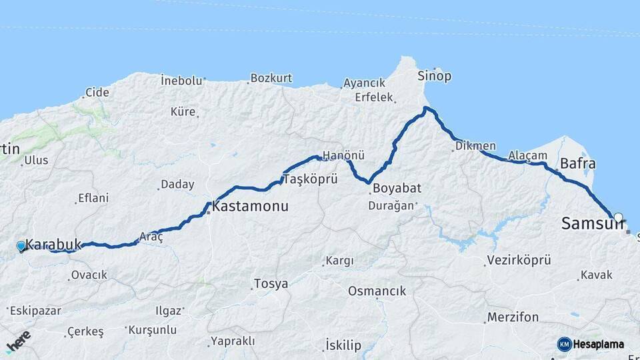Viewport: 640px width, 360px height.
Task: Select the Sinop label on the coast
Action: click(x=434, y=76)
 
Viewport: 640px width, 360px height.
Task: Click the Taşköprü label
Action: click(x=311, y=179)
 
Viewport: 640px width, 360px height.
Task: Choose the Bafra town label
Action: click(x=577, y=163)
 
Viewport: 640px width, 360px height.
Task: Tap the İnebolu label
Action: click(x=181, y=81)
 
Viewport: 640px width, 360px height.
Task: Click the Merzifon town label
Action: click(x=512, y=317)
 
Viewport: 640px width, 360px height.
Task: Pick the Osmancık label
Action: click(x=377, y=291)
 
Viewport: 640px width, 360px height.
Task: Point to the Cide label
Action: click(x=97, y=93)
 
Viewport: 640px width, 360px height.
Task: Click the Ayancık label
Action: click(x=364, y=83)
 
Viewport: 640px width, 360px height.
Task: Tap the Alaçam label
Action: click(x=527, y=156)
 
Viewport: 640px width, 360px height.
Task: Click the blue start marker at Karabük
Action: click(x=21, y=247)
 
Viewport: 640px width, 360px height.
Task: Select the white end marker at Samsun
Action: click(x=619, y=217)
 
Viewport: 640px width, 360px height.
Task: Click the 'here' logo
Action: click(x=18, y=341)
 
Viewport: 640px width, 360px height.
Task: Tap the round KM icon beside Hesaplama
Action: click(x=564, y=344)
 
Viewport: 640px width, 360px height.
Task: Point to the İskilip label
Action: click(x=343, y=345)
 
